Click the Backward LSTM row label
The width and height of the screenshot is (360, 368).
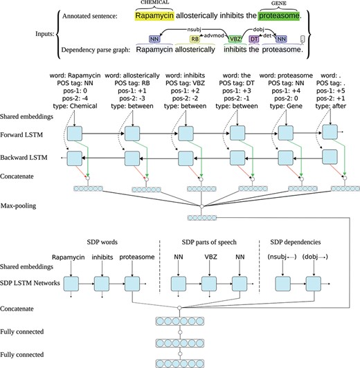click(26, 158)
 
